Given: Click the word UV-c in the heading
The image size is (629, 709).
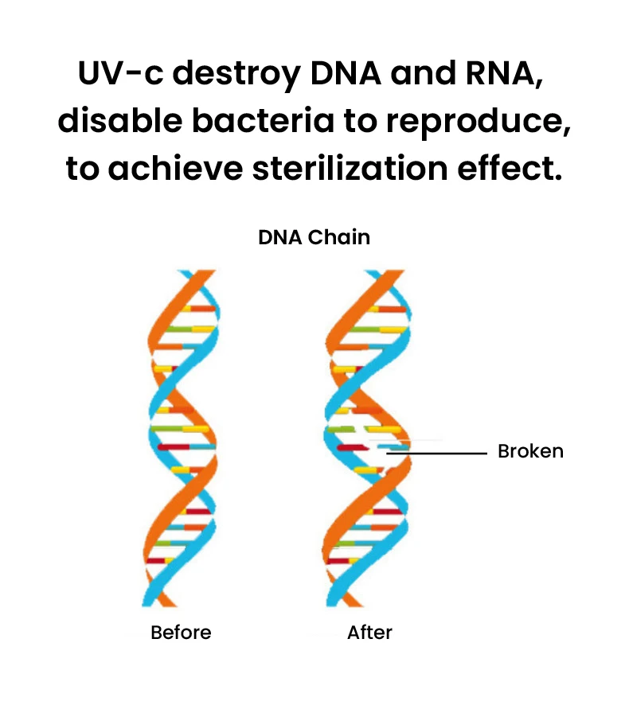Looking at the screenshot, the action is [x=120, y=76].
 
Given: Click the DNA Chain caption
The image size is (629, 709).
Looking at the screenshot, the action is [x=314, y=237].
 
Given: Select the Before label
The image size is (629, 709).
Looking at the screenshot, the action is [x=182, y=633].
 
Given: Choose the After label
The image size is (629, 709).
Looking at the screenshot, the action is [x=369, y=633].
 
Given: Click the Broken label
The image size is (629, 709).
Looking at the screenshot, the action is [x=530, y=451].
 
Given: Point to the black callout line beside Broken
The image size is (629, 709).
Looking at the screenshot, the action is [x=446, y=453].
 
